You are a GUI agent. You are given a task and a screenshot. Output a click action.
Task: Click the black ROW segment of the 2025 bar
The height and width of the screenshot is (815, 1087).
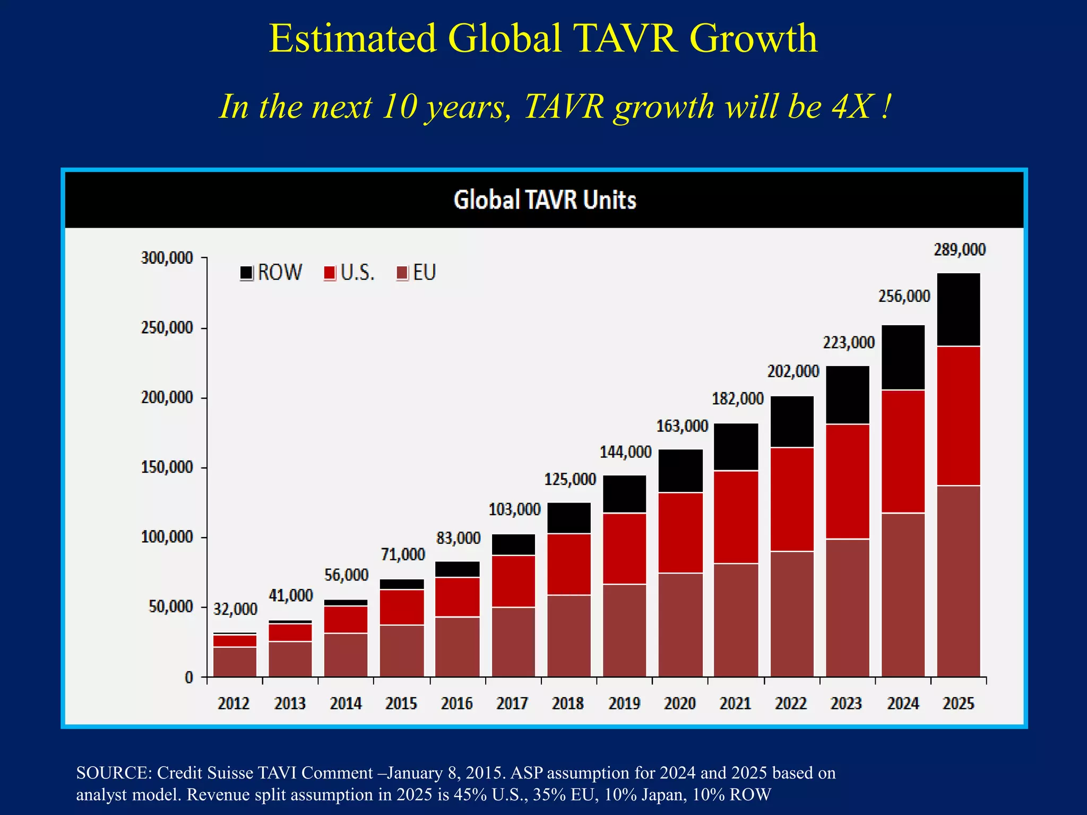[x=959, y=310]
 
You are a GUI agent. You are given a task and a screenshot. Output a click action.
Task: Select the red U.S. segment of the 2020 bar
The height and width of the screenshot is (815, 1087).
[x=681, y=533]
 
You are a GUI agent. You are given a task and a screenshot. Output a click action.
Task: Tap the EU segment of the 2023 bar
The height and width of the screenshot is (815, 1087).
[x=848, y=608]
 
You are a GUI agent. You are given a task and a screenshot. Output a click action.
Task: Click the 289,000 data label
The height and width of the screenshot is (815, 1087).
[x=960, y=250]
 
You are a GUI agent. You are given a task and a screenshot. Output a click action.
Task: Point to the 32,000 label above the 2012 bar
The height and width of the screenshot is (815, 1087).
[x=235, y=609]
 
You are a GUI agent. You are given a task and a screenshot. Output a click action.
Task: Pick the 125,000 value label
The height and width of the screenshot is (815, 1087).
[x=570, y=480]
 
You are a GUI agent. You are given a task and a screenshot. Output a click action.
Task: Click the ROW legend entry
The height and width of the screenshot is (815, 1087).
[x=271, y=273]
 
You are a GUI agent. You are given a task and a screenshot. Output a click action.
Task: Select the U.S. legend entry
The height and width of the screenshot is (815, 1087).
[x=350, y=273]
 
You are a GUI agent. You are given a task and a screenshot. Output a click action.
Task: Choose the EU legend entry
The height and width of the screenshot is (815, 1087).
[x=417, y=273]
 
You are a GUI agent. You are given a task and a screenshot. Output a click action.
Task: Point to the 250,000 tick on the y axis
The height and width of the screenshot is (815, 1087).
[x=167, y=328]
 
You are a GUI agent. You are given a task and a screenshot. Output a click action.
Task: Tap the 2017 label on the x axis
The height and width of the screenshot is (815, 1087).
[x=512, y=704]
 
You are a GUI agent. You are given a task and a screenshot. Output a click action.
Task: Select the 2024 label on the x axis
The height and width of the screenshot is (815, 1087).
[x=903, y=704]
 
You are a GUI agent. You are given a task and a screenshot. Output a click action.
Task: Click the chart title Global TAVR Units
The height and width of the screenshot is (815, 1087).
[x=545, y=200]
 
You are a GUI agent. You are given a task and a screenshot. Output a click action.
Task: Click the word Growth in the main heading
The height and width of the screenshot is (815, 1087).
[x=753, y=38]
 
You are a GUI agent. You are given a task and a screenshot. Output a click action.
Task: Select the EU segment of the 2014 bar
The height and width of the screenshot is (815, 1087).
[x=346, y=655]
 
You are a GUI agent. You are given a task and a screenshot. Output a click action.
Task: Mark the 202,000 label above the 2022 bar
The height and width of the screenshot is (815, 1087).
[x=793, y=371]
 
